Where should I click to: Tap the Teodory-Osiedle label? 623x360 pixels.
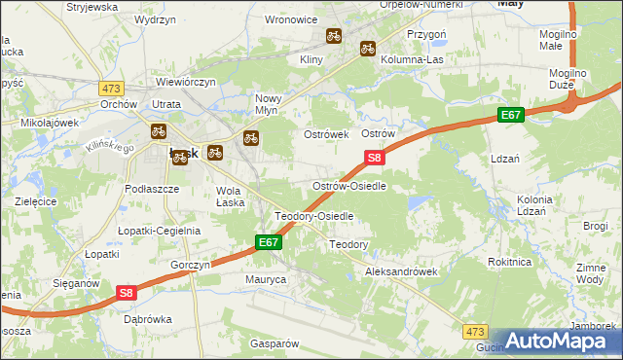pyautogui.click(x=313, y=216)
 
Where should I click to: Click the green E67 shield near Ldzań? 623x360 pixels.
pyautogui.click(x=512, y=115)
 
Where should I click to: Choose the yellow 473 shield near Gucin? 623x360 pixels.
pyautogui.click(x=474, y=332)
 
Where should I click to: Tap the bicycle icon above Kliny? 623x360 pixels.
pyautogui.click(x=333, y=36)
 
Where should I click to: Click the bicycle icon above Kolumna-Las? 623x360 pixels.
pyautogui.click(x=368, y=47)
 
